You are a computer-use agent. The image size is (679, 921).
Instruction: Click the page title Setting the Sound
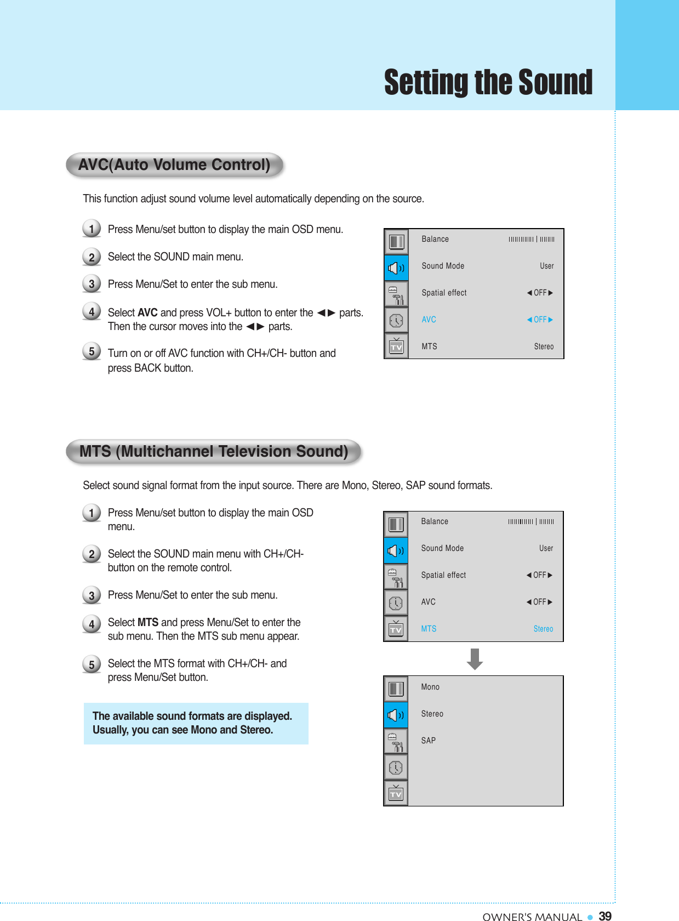[x=488, y=83]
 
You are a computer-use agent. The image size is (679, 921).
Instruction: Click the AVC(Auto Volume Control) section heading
[x=174, y=165]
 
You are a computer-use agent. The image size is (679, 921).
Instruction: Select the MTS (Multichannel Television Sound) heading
[x=214, y=452]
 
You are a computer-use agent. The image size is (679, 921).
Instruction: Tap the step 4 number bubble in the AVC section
[x=92, y=312]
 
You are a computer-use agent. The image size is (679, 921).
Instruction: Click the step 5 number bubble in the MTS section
[x=92, y=664]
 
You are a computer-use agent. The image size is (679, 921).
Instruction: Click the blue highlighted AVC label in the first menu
[x=429, y=320]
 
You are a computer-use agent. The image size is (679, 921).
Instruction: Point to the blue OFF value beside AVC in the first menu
[x=540, y=320]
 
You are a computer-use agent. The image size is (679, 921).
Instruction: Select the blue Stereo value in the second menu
[x=543, y=629]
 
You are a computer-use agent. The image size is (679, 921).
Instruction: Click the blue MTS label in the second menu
[x=429, y=629]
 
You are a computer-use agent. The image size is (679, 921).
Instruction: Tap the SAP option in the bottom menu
[x=429, y=741]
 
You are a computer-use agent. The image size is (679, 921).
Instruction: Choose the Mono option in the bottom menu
[x=430, y=687]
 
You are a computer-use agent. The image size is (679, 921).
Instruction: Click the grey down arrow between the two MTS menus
[x=475, y=659]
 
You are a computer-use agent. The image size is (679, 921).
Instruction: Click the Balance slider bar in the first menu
[x=531, y=239]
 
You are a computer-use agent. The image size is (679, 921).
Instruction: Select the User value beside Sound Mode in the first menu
[x=546, y=266]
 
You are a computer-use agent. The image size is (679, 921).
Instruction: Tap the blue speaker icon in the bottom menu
[x=396, y=715]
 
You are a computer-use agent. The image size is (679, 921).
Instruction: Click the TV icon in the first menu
[x=396, y=346]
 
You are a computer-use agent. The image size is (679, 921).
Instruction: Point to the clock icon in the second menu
[x=396, y=602]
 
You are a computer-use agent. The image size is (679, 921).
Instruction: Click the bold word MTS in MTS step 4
[x=148, y=622]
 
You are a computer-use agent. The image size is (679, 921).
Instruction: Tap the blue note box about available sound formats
[x=196, y=723]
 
